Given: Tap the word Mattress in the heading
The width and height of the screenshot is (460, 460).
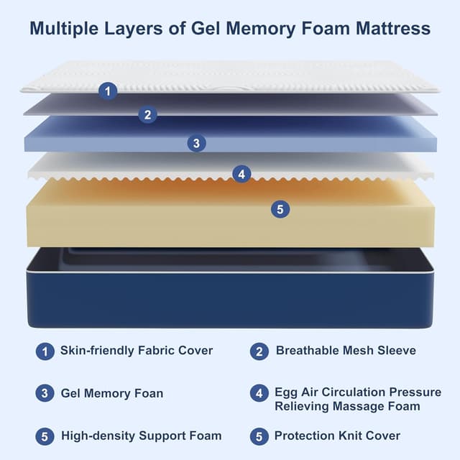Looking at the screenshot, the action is point(393,29).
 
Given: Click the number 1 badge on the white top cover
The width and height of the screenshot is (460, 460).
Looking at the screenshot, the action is point(108,91).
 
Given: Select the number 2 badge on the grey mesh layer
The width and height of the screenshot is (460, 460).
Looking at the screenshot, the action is point(147,114).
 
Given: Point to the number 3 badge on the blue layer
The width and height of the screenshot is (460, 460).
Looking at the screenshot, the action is point(196,143).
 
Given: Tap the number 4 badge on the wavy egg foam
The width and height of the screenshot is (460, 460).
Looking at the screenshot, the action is point(241,174).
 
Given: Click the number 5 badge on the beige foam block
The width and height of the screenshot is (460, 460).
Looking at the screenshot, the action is point(280,209).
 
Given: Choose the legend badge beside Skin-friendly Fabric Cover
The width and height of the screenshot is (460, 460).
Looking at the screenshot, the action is point(45,351).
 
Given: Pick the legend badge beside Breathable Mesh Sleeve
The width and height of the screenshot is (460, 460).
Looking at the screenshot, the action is point(259,351).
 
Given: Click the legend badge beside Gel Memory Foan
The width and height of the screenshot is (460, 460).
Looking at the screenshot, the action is point(45,393).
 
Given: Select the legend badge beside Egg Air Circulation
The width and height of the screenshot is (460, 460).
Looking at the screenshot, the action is point(259,393).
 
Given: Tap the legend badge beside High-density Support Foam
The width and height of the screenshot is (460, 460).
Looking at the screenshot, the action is point(45,436).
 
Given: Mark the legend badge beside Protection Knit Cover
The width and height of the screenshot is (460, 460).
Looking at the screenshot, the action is point(259,436).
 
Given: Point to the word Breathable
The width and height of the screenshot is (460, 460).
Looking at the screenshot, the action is point(307,351).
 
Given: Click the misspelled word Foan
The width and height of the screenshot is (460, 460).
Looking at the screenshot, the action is point(148,393).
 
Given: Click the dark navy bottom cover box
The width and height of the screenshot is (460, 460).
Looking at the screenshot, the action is point(230,299).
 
